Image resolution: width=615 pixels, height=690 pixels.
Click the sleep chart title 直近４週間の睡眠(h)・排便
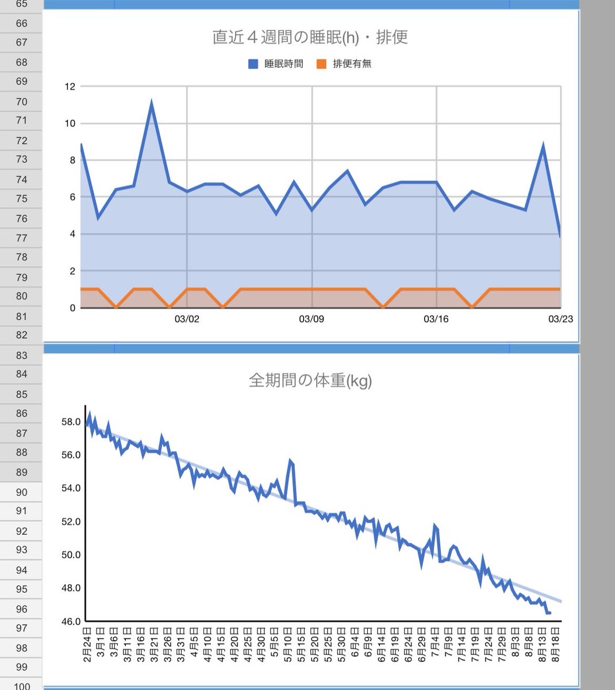click(x=310, y=37)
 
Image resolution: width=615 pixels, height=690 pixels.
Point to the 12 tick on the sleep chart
click(x=70, y=87)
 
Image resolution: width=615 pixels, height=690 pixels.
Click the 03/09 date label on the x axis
click(x=312, y=319)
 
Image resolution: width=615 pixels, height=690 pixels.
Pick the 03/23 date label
click(x=560, y=319)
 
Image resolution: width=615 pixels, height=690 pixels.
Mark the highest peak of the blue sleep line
click(x=151, y=103)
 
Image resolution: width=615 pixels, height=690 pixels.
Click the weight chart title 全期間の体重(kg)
click(x=310, y=381)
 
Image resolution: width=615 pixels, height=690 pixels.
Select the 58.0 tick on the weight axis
click(x=71, y=422)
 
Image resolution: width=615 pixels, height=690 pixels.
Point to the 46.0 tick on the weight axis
click(x=71, y=622)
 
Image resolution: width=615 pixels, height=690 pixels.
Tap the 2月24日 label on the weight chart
click(x=87, y=646)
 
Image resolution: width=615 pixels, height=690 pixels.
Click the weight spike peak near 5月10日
click(x=290, y=460)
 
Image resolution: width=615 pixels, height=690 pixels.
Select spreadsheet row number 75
click(x=22, y=199)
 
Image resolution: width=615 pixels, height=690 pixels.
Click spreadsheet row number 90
click(x=22, y=492)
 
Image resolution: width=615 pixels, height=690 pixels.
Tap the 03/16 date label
click(x=436, y=319)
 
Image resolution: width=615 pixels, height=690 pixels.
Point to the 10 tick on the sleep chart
click(x=70, y=124)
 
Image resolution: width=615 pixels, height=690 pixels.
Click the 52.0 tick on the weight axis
click(x=71, y=522)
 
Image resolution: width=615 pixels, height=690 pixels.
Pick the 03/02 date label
click(x=187, y=319)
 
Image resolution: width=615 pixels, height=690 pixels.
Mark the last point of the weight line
click(x=549, y=613)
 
